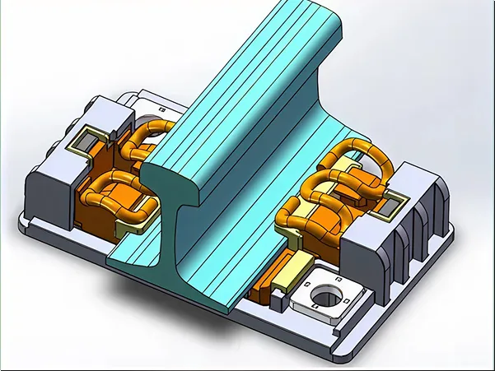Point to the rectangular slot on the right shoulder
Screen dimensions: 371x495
[393, 198]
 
